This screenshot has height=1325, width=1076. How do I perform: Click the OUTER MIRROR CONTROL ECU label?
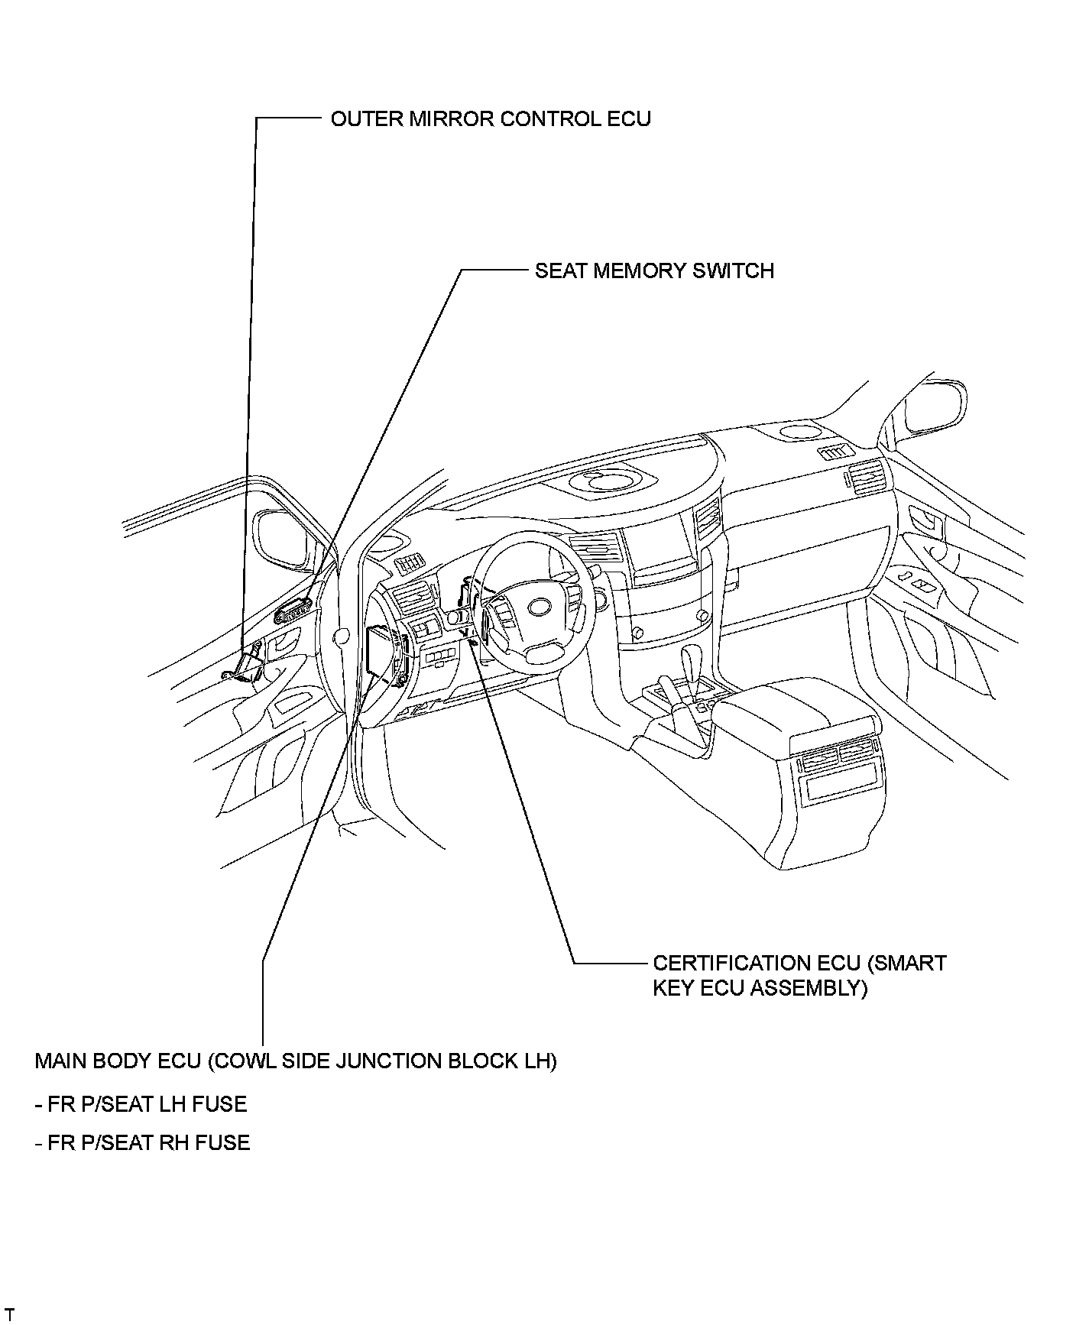coord(491,119)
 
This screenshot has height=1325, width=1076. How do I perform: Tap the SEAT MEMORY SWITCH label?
coord(654,271)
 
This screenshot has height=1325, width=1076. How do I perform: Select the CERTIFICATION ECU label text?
coord(799,963)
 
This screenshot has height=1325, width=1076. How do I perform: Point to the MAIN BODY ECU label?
coord(296,1061)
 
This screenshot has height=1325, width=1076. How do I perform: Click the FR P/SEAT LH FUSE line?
coord(141,1104)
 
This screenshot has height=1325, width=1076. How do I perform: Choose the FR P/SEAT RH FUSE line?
coord(143,1142)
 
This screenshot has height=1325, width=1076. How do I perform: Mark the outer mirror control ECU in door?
coord(246,667)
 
